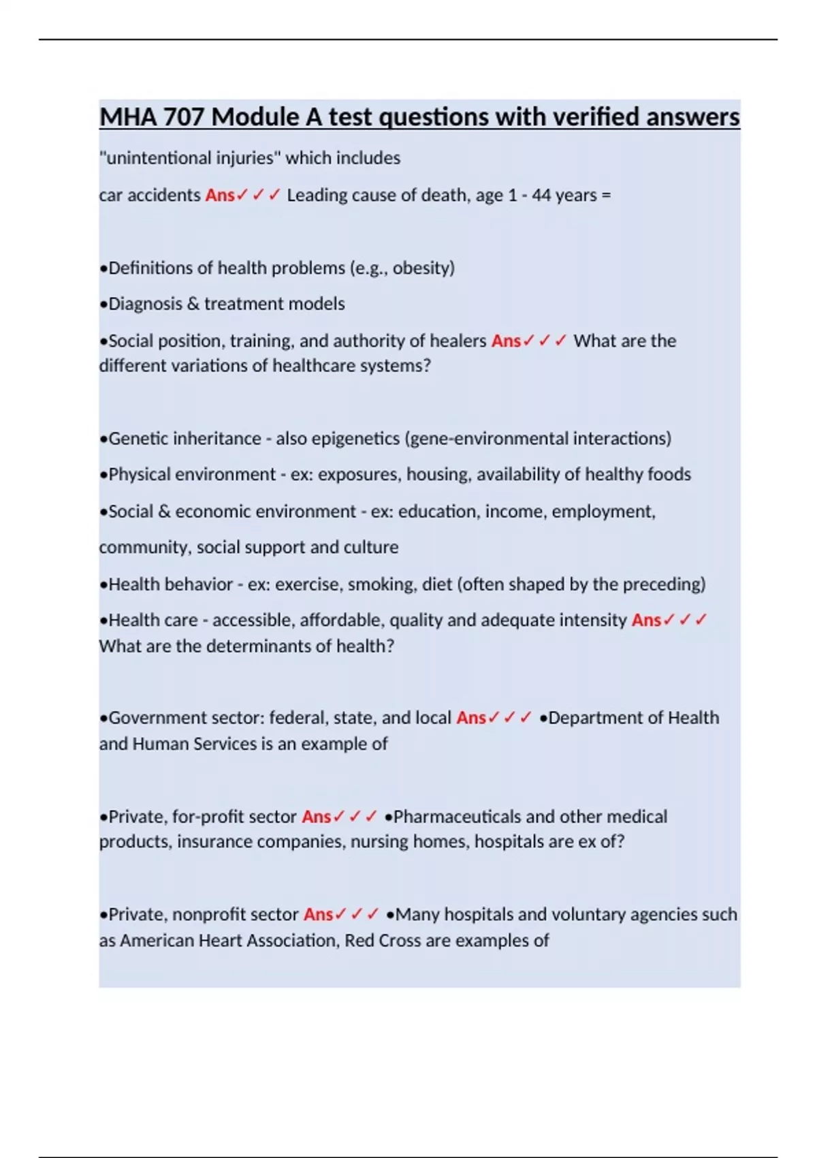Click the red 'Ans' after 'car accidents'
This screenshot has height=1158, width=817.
(x=220, y=195)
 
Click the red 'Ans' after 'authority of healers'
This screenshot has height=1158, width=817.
(x=506, y=341)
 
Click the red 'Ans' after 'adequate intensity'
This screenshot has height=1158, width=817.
(x=646, y=621)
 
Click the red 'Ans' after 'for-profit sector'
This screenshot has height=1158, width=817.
(x=317, y=817)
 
